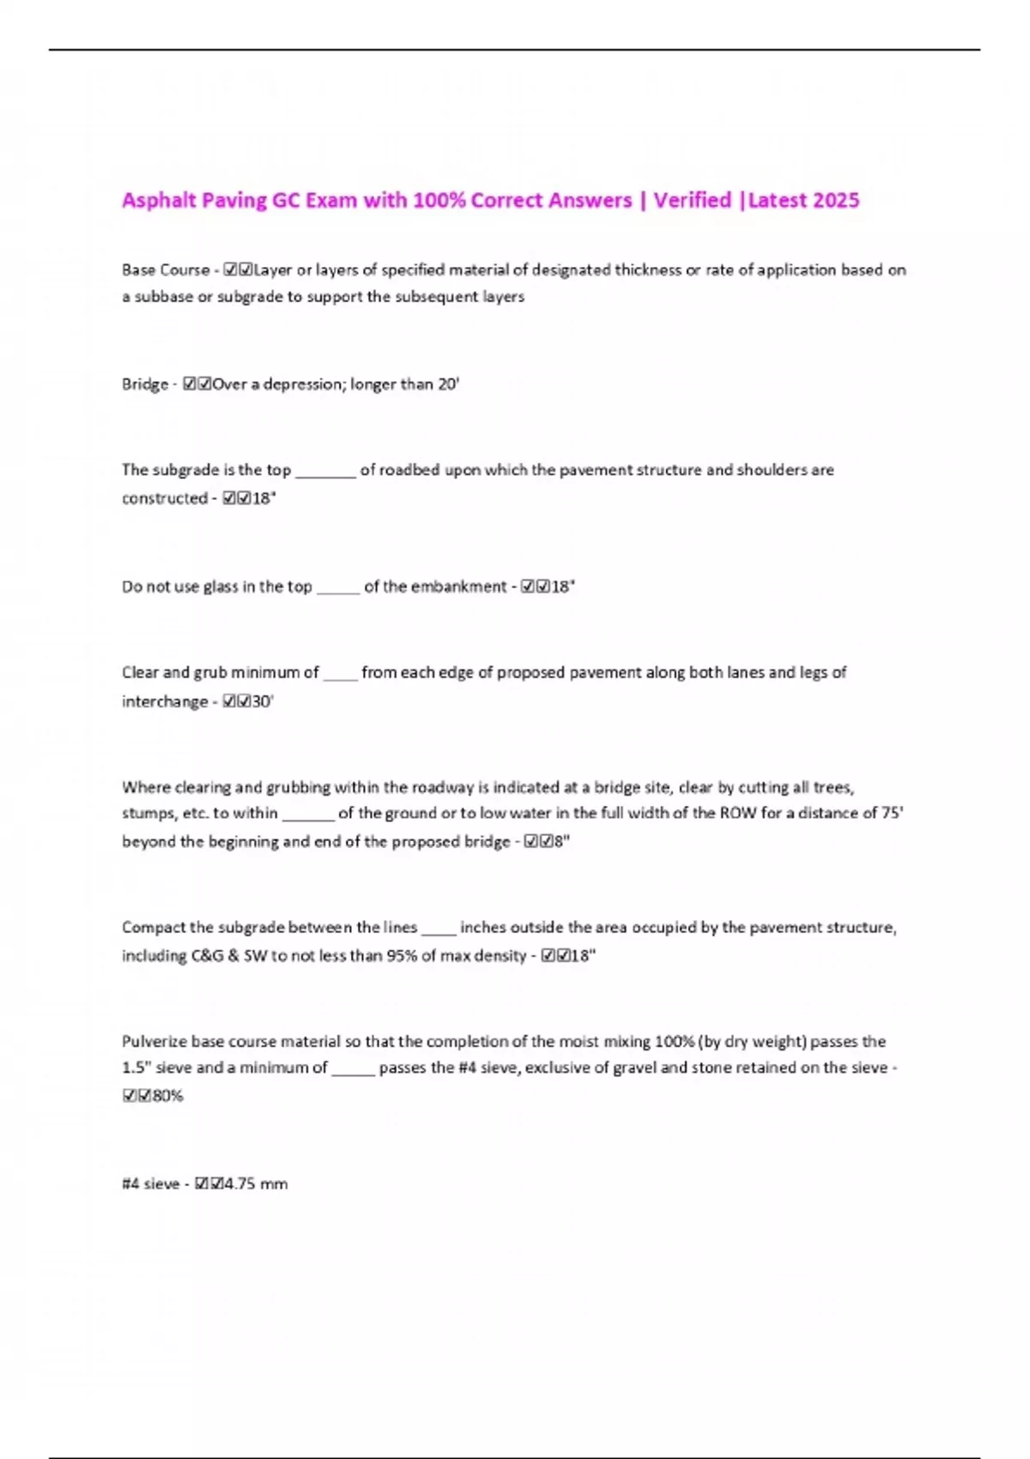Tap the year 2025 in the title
[835, 201]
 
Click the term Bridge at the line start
[145, 384]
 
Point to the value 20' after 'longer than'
[449, 384]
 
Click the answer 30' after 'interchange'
[263, 702]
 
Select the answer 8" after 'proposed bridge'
[561, 842]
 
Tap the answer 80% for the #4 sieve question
[167, 1096]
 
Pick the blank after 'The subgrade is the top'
[325, 472]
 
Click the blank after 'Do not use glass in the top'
[338, 589]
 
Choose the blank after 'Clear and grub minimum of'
[340, 675]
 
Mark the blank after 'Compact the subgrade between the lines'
[439, 929]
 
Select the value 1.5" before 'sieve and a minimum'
[135, 1069]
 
